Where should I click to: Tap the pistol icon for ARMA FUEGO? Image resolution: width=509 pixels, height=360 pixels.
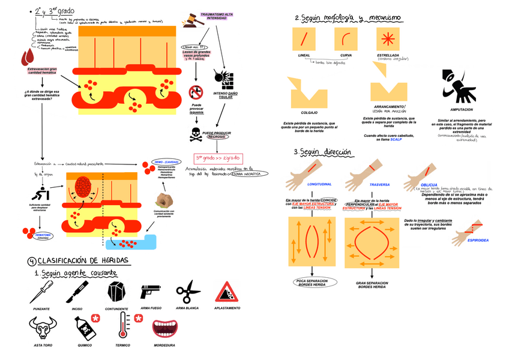[151, 292]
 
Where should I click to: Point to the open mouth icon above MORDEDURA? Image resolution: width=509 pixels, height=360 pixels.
[164, 328]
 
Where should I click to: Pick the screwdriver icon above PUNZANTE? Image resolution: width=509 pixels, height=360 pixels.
[41, 292]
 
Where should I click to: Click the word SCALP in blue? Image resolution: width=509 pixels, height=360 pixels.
[396, 139]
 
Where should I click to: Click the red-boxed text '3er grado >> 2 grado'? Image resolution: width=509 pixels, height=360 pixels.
[217, 158]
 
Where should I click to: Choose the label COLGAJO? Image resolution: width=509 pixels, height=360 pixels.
[309, 112]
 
